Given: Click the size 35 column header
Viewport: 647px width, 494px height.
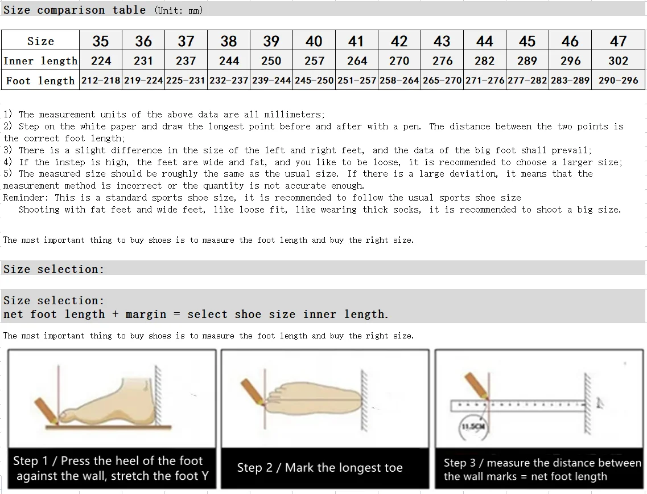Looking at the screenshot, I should click(101, 41).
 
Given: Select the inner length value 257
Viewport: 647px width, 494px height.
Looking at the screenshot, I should click(314, 61).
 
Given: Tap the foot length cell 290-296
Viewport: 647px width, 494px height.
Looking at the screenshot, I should click(618, 80).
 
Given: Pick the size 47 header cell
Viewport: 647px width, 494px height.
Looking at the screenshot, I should click(618, 41).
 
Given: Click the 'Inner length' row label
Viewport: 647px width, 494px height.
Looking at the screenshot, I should click(40, 61).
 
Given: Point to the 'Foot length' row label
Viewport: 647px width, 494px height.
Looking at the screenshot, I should click(40, 80).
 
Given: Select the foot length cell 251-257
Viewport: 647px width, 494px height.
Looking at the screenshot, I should click(357, 80).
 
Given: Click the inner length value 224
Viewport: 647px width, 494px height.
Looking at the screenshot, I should click(101, 61).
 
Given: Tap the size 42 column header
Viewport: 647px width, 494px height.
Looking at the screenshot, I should click(399, 41).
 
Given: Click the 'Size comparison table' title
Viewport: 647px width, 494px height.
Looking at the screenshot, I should click(75, 10).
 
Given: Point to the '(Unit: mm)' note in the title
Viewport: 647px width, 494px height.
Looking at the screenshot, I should click(179, 10).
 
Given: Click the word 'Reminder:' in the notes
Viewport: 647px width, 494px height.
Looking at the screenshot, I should click(26, 198).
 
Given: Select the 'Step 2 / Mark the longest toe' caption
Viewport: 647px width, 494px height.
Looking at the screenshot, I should click(320, 468).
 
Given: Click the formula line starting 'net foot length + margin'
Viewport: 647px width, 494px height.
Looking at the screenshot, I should click(195, 315).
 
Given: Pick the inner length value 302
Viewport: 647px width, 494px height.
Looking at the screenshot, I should click(618, 61).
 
